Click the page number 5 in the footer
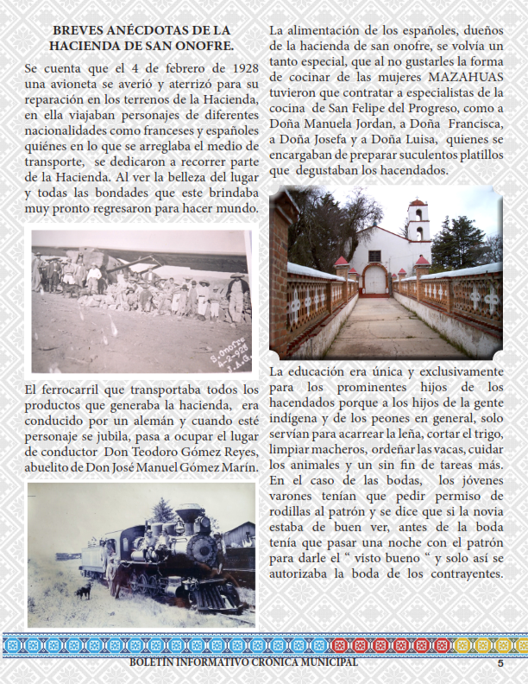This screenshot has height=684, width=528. (x=500, y=664)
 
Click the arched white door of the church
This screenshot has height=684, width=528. (x=375, y=279)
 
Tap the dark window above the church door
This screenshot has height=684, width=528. (x=376, y=256)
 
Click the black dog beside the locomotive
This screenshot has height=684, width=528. (x=84, y=592)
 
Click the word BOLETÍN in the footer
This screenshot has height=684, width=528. (x=154, y=663)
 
